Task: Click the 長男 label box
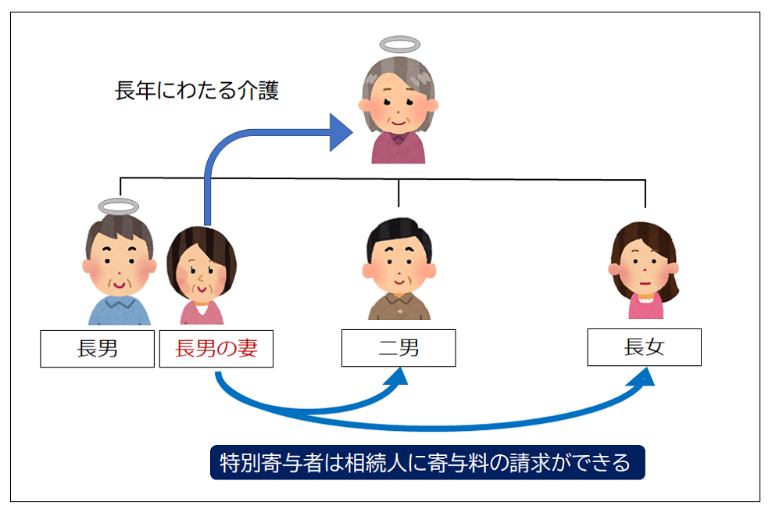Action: (97, 349)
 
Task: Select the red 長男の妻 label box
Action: (216, 349)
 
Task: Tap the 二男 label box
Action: (399, 349)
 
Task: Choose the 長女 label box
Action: (644, 347)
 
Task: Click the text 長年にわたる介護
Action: (196, 91)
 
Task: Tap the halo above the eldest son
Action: (118, 206)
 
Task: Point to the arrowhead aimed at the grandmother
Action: (341, 131)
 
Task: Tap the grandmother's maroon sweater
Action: (399, 149)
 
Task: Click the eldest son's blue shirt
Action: (119, 311)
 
